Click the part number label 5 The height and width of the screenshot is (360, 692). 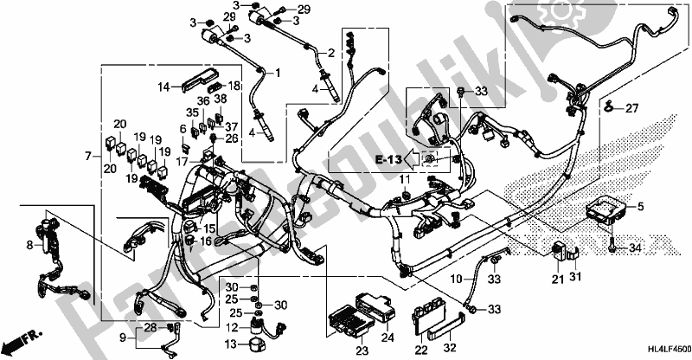(640, 208)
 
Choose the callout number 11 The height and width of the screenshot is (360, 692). (403, 179)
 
